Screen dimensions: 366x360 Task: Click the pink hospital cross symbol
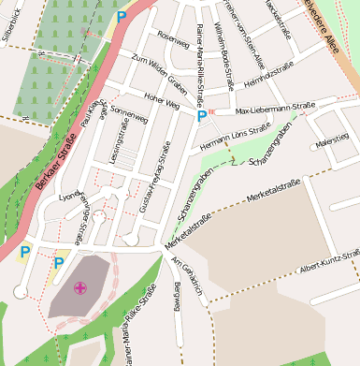pyautogui.click(x=80, y=288)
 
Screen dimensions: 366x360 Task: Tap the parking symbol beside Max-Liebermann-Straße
pyautogui.click(x=202, y=116)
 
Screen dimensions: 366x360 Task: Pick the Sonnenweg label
pyautogui.click(x=130, y=123)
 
